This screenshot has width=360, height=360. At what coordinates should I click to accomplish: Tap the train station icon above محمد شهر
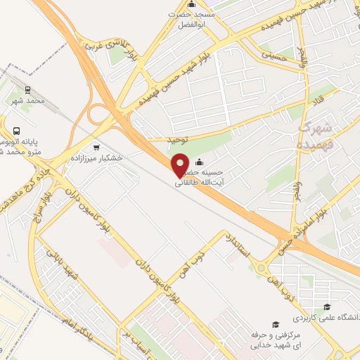click(27, 90)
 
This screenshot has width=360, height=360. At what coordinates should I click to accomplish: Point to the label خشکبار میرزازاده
click(96, 158)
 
